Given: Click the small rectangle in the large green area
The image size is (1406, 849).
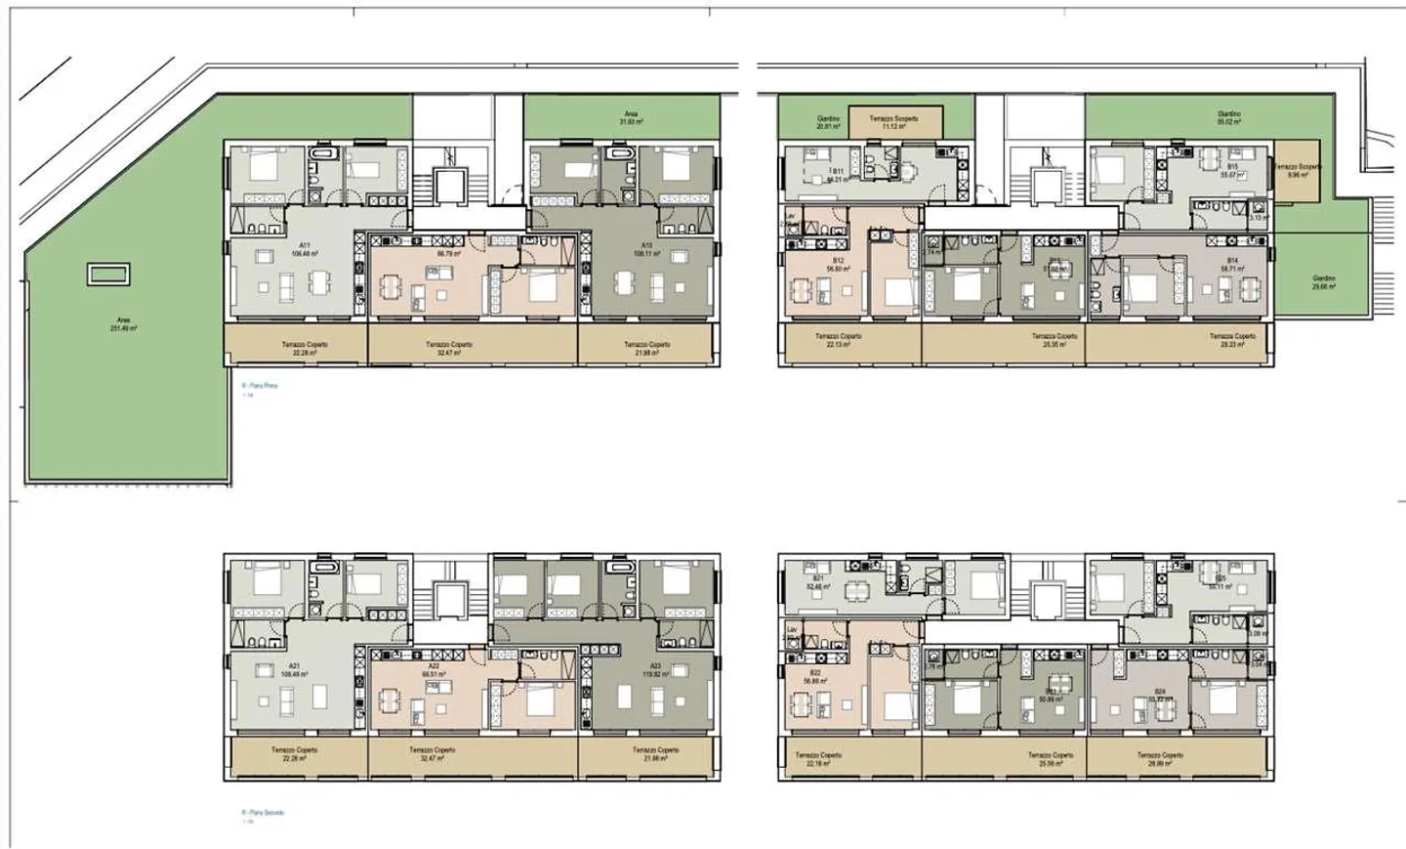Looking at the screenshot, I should coord(107,275).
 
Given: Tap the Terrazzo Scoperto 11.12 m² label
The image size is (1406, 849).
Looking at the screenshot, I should coord(894,122).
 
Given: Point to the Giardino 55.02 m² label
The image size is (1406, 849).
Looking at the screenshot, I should coord(1228,118).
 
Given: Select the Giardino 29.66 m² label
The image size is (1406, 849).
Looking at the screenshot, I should coord(1323,282).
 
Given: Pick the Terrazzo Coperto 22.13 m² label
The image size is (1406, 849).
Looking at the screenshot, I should coord(838,339).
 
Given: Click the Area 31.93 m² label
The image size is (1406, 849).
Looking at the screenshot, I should coord(631,117).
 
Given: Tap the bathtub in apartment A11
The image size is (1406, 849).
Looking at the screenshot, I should coord(321,154).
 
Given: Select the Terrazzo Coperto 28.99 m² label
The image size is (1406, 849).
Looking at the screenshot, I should coord(1159,758).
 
